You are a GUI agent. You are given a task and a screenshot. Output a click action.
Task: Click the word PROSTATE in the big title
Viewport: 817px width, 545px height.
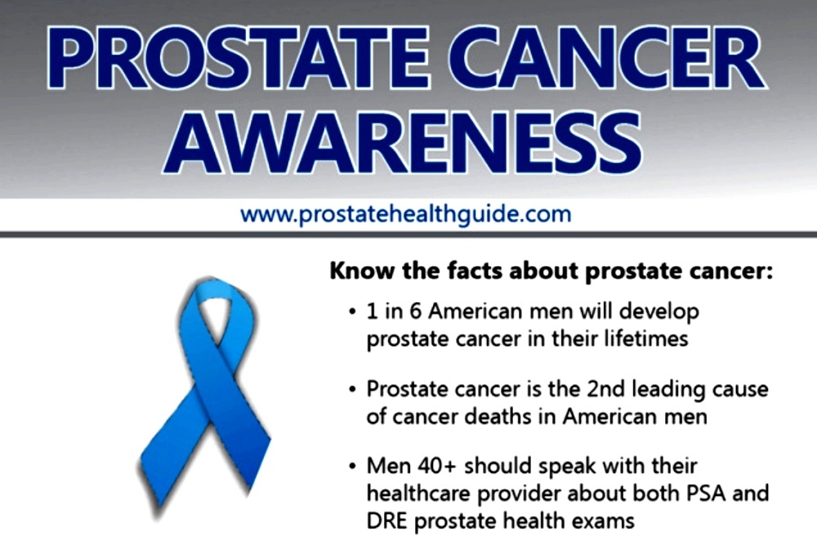238,57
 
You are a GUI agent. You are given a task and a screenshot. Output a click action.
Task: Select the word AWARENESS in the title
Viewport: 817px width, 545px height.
403,143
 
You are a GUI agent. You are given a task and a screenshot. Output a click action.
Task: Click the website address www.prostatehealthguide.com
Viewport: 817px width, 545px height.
406,214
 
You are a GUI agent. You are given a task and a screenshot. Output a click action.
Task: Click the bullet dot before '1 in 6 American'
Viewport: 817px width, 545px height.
353,312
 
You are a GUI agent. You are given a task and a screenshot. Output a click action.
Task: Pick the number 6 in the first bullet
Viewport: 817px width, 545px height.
415,311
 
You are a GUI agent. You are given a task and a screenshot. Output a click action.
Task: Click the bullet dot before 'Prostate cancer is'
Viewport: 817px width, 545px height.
353,390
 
